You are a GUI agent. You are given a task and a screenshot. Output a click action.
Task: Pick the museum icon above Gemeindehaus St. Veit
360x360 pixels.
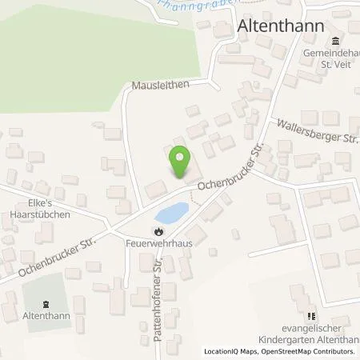[334, 42]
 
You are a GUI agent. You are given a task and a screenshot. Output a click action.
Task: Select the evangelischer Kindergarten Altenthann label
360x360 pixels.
[315, 334]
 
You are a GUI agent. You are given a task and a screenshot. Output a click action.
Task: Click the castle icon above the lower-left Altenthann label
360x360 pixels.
[45, 304]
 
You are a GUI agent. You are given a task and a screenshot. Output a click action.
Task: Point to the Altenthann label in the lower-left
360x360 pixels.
[46, 317]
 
